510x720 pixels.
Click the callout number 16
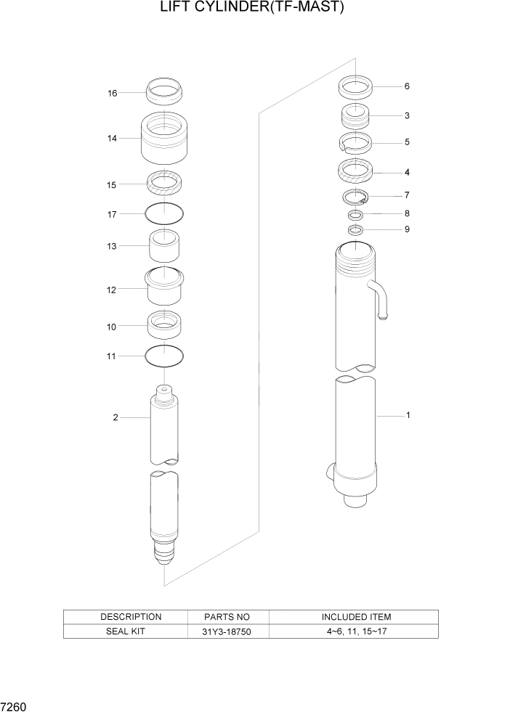[x=113, y=93]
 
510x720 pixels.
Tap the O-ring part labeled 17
[x=164, y=213]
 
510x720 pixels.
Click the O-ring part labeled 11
[x=164, y=356]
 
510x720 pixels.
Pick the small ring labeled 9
[x=355, y=230]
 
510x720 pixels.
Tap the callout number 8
[x=407, y=213]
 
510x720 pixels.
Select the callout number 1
[x=408, y=416]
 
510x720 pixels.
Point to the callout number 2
[x=116, y=417]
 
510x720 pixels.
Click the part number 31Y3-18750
[x=229, y=631]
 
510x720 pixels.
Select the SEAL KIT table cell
[x=126, y=631]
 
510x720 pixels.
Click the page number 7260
[x=15, y=705]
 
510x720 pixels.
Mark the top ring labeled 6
[x=355, y=88]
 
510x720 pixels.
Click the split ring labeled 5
[x=355, y=142]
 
